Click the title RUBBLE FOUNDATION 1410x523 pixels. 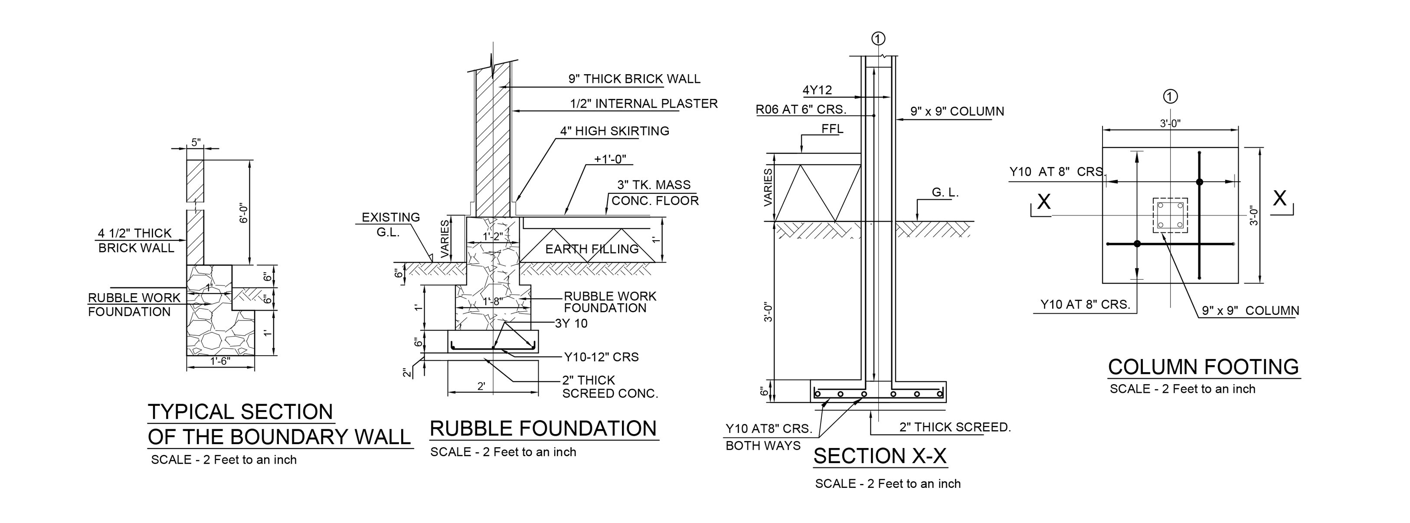543,428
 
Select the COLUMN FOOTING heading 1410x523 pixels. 1203,366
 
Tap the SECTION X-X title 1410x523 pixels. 880,456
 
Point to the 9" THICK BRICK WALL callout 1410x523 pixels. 634,79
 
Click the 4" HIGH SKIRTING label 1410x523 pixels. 614,131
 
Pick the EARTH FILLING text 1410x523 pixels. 592,249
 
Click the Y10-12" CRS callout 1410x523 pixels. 601,357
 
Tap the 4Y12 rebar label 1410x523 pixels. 817,90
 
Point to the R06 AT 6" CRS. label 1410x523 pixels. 801,109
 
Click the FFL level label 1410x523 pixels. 832,129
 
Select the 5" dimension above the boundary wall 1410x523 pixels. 196,142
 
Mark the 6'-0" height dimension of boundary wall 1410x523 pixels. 244,213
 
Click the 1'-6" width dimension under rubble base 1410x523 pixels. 220,361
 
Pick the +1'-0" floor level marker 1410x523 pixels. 610,159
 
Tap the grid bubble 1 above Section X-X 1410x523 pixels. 878,38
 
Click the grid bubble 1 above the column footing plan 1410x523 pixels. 1170,97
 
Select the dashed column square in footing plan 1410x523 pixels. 1170,216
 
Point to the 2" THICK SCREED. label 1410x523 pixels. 955,427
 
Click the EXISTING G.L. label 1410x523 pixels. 390,224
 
